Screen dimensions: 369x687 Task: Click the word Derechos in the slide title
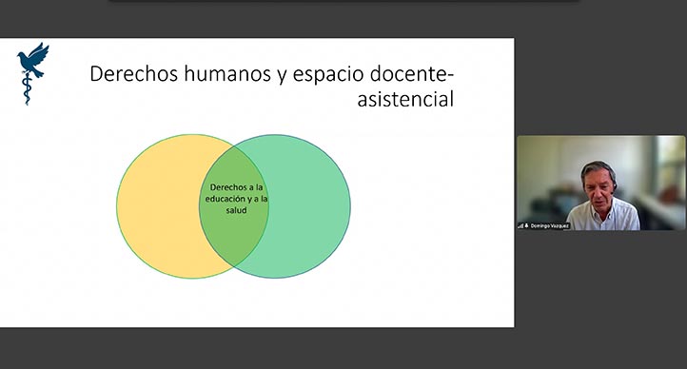point(134,75)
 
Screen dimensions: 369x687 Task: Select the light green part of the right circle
point(309,204)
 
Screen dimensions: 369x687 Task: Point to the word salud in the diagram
point(235,210)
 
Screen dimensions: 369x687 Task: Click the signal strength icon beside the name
point(520,225)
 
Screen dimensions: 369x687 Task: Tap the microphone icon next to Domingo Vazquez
point(526,225)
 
